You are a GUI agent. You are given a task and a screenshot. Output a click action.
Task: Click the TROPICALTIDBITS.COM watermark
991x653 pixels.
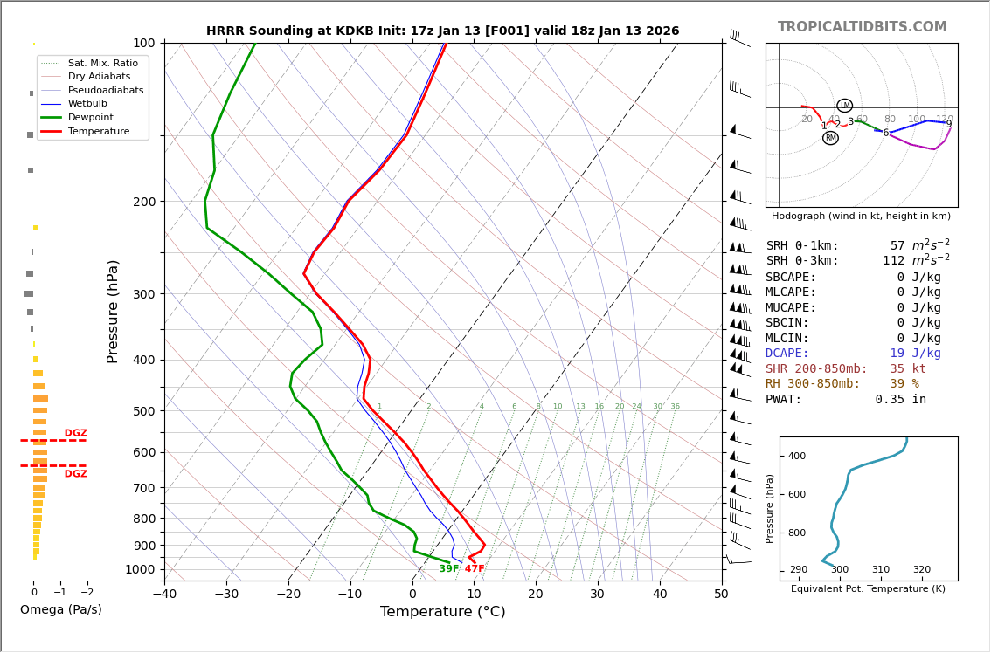[x=862, y=27]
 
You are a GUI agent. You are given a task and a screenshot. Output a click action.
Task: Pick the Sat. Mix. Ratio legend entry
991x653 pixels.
[x=102, y=64]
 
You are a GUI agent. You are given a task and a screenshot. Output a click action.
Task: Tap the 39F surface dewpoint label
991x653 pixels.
[x=448, y=569]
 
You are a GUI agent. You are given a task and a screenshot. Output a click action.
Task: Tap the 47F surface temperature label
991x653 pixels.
[x=475, y=569]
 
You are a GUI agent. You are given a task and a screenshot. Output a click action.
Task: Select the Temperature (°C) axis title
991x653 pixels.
[x=442, y=612]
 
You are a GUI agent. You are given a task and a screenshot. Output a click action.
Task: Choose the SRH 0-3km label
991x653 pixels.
[x=802, y=261]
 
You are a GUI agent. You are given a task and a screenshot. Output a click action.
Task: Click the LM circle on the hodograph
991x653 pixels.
[x=844, y=106]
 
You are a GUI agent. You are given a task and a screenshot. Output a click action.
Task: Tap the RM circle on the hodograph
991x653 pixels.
[x=830, y=138]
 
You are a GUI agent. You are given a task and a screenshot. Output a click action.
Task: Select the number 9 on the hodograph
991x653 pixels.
[x=948, y=124]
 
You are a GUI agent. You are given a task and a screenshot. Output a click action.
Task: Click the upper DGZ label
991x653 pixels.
[x=75, y=433]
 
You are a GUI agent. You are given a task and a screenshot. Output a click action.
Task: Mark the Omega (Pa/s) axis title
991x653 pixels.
[x=60, y=610]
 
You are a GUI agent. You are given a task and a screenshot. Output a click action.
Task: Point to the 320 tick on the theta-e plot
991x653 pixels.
[x=921, y=570]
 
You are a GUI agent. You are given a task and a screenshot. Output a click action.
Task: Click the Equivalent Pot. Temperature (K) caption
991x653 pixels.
[x=868, y=589]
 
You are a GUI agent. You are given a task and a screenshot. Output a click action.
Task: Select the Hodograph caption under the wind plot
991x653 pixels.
[x=861, y=217]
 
